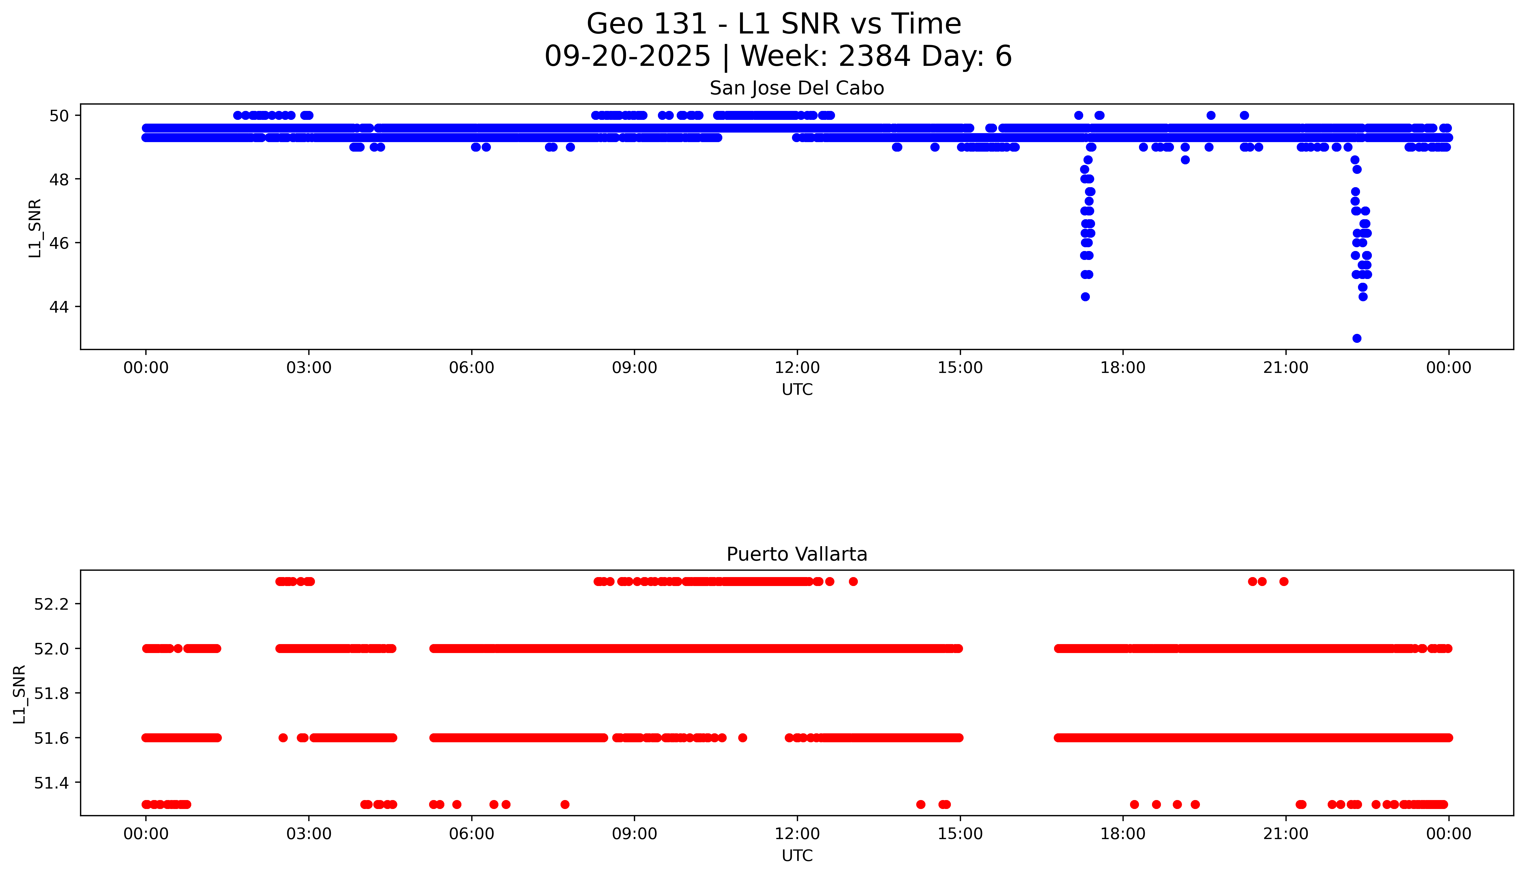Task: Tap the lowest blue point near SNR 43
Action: pyautogui.click(x=1357, y=338)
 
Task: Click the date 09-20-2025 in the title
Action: pyautogui.click(x=628, y=57)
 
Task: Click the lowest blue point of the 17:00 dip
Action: pyautogui.click(x=1085, y=297)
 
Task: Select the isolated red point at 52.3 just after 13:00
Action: pyautogui.click(x=853, y=581)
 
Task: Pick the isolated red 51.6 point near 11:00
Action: pyautogui.click(x=743, y=738)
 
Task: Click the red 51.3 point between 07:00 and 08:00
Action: pyautogui.click(x=565, y=804)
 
